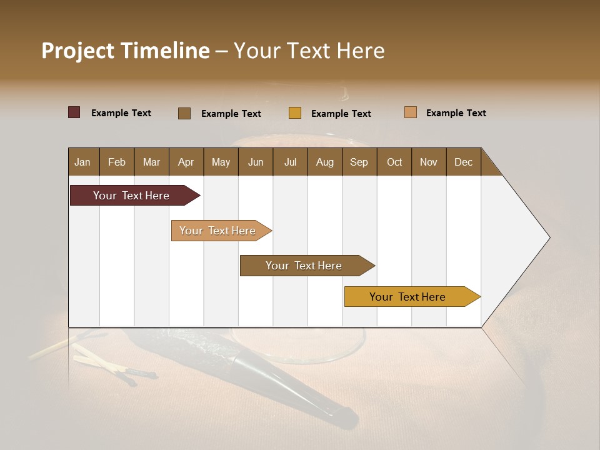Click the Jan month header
point(82,162)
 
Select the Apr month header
point(186,162)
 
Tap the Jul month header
point(290,162)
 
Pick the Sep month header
point(359,162)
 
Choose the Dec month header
point(463,162)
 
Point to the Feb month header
point(117,162)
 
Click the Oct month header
point(394,162)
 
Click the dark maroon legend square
point(74,112)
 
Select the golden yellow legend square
point(295,113)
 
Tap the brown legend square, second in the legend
point(184,113)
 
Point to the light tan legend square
point(411,112)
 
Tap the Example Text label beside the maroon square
point(121,113)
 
